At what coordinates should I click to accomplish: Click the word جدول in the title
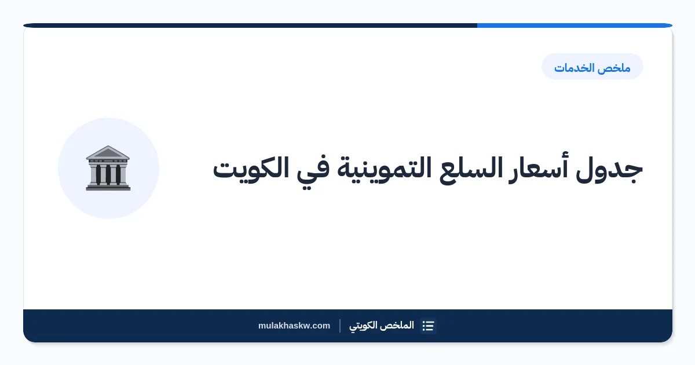(609, 169)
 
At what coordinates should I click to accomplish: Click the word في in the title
(313, 169)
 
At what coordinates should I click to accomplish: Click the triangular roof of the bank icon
(108, 152)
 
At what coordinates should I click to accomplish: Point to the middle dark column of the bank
(108, 174)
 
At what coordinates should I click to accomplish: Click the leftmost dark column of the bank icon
(98, 174)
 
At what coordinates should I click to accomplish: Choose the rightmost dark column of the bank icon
(118, 174)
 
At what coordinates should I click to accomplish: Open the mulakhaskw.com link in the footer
(294, 326)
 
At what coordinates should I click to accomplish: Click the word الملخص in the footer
(400, 325)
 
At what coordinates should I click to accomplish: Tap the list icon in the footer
(428, 326)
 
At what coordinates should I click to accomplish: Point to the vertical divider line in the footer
(340, 326)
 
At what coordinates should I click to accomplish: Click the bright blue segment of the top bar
(575, 25)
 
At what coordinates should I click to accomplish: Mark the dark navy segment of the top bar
(250, 25)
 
